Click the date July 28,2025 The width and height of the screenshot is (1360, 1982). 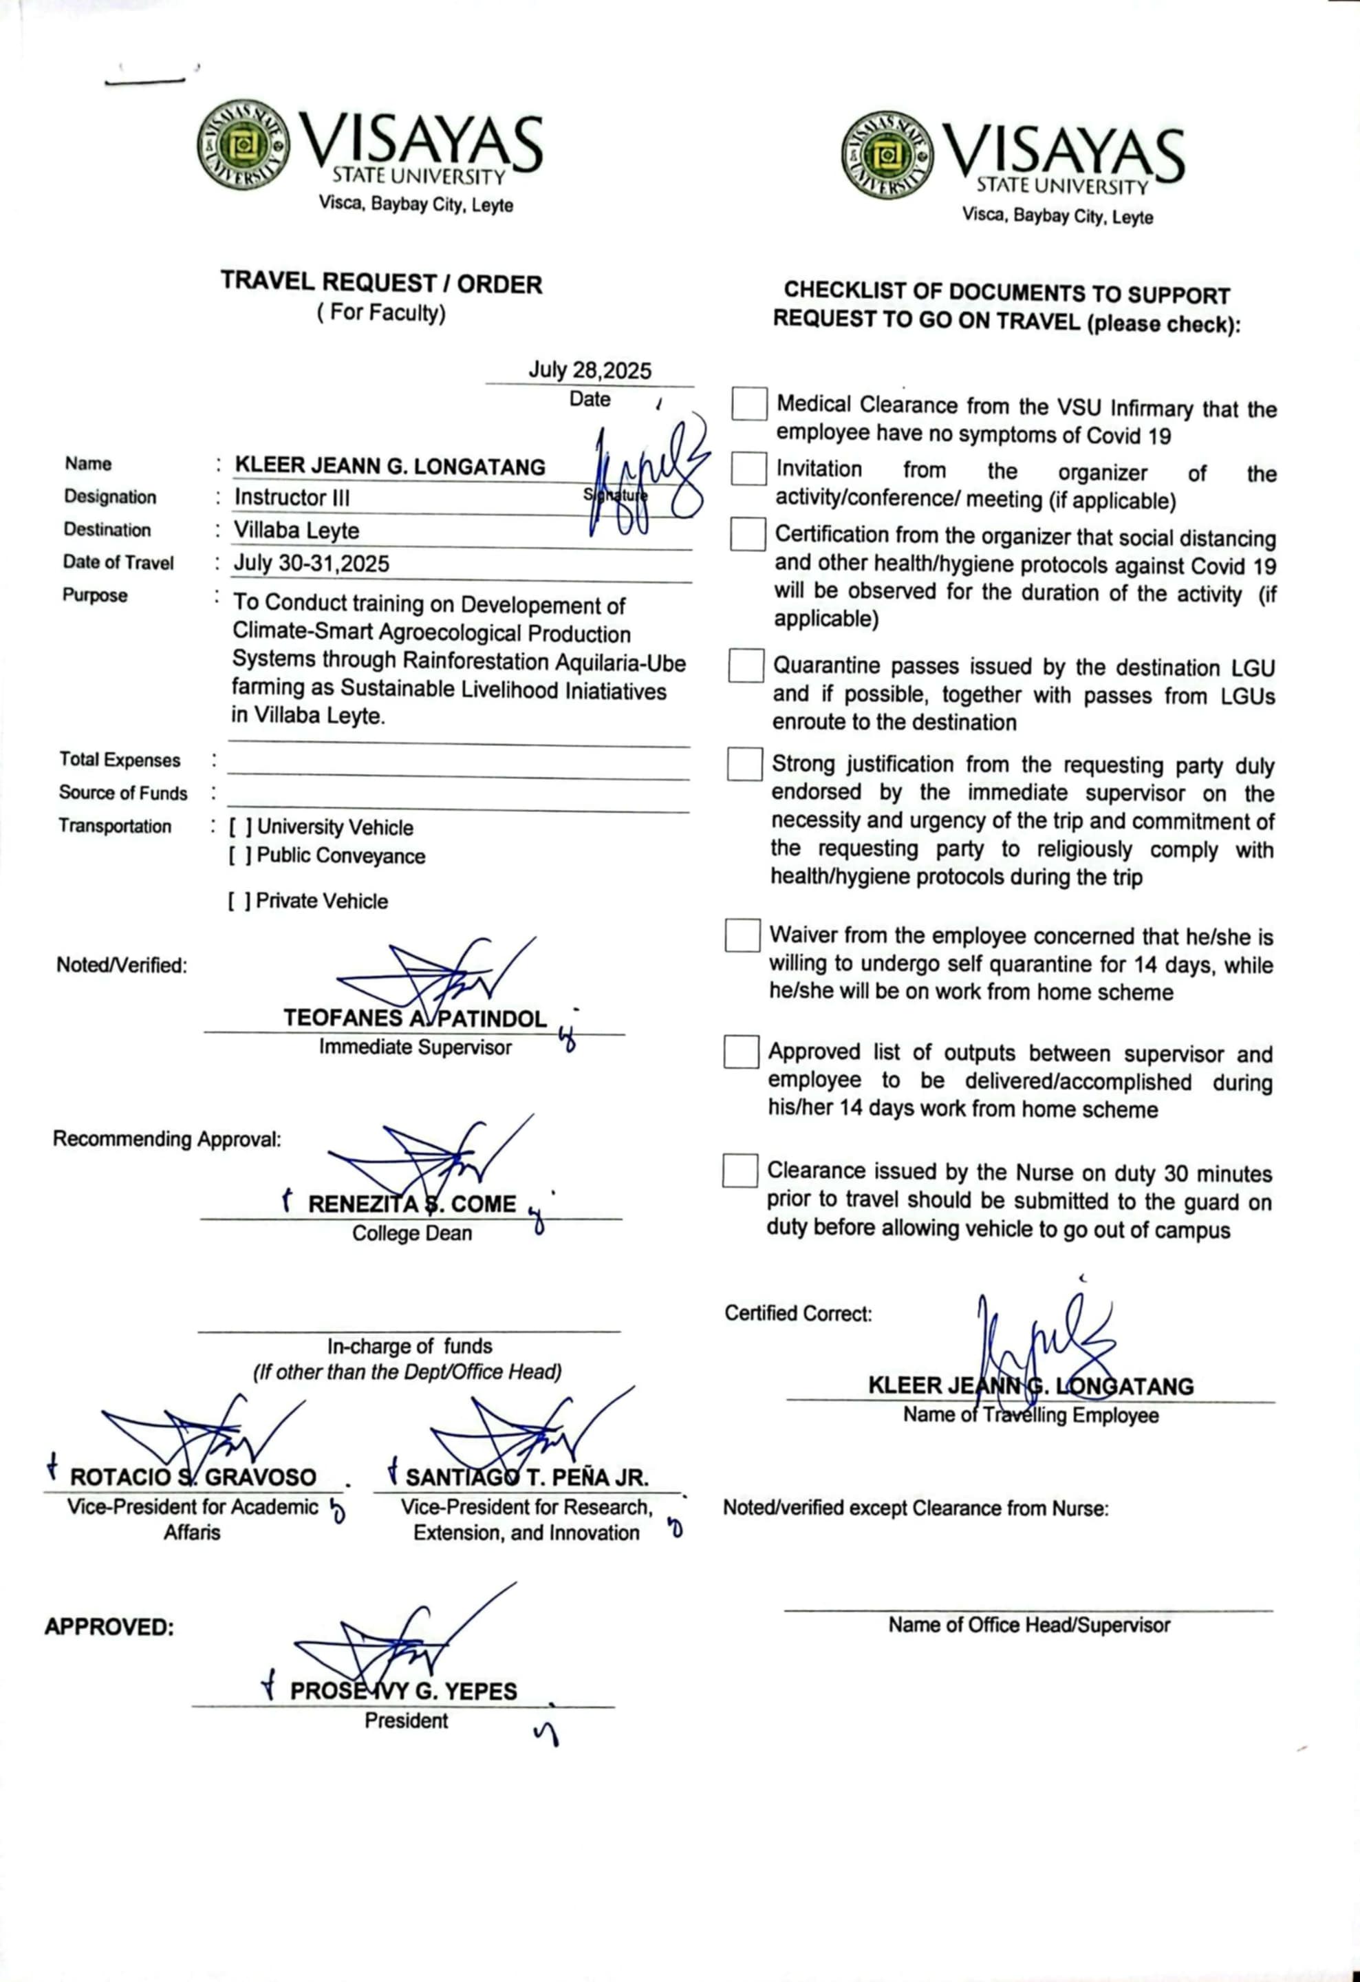click(x=589, y=370)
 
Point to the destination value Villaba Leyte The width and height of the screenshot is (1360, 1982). click(x=296, y=531)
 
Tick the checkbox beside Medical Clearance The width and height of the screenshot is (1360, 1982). click(x=748, y=403)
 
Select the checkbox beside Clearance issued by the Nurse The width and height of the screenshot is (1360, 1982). click(x=740, y=1171)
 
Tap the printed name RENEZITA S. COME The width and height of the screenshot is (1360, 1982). click(x=412, y=1204)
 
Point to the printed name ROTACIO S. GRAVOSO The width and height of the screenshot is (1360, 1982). click(x=193, y=1477)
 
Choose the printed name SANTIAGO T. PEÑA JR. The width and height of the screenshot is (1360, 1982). click(x=526, y=1477)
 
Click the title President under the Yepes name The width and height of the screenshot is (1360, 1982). click(x=406, y=1720)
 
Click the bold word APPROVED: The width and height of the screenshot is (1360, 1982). click(x=109, y=1627)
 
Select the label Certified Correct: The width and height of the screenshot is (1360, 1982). click(x=798, y=1313)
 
